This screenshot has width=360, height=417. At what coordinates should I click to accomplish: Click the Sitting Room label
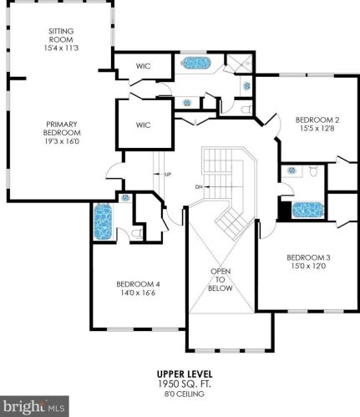61,35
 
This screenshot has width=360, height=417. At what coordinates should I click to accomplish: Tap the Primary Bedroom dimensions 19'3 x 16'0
62,141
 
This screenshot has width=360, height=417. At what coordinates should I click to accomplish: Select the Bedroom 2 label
317,120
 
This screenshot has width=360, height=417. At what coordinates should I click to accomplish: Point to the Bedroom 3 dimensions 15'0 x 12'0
308,266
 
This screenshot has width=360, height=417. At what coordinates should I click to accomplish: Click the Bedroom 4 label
138,284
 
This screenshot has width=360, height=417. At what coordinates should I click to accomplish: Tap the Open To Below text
221,279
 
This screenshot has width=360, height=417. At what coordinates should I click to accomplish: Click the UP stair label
168,175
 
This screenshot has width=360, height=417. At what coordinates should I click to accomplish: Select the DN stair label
199,187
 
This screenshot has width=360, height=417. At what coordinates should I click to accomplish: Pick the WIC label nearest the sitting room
143,66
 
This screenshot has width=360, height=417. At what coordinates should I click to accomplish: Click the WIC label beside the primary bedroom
143,125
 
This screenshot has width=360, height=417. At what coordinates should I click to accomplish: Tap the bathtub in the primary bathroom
196,64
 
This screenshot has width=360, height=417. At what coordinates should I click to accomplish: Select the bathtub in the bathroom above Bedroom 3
307,210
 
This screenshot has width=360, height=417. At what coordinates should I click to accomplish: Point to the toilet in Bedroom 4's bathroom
137,233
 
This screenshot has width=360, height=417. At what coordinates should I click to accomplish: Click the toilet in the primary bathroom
246,109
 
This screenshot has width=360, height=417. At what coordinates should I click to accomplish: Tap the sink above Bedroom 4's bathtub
125,198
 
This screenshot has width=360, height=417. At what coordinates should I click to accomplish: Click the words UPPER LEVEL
185,374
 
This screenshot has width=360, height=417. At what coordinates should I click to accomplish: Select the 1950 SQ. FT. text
185,384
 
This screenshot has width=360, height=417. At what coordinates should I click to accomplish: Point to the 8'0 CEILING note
185,394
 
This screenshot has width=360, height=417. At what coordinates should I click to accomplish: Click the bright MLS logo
34,406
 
